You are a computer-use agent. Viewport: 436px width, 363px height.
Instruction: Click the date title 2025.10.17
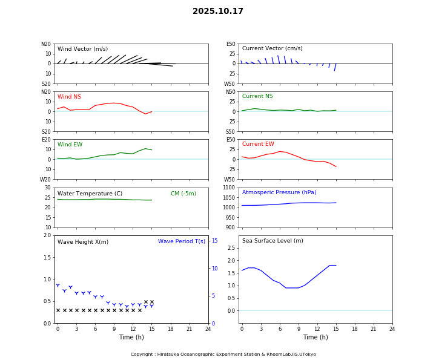point(218,11)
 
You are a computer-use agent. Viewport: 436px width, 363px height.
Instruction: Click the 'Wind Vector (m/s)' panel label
point(82,49)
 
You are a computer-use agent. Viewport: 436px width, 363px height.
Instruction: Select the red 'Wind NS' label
point(69,97)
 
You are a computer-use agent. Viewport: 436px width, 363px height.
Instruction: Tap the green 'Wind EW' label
point(70,145)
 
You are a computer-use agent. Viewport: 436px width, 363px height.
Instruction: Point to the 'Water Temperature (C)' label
point(90,194)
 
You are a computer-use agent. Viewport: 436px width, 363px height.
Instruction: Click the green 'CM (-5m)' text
point(183,194)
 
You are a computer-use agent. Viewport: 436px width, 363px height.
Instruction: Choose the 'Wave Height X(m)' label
point(83,242)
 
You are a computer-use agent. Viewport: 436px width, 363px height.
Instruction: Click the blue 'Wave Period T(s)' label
point(182,241)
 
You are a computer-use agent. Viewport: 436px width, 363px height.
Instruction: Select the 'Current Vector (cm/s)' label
point(272,48)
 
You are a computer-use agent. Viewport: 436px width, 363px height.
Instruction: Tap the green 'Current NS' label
point(257,96)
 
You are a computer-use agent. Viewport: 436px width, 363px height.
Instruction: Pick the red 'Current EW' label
point(258,144)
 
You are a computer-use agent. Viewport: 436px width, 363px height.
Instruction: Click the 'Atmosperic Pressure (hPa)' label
point(279,192)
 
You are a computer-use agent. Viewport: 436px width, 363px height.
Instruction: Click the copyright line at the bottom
point(223,355)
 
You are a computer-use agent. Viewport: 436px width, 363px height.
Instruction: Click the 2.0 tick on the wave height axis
point(47,235)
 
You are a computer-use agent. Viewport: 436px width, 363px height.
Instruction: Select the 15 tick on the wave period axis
point(214,241)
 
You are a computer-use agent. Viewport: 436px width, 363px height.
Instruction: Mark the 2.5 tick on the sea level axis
point(231,248)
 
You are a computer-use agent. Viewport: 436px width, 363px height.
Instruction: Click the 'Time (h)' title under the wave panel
point(131,338)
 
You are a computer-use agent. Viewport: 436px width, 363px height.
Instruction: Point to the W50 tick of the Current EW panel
point(230,179)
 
